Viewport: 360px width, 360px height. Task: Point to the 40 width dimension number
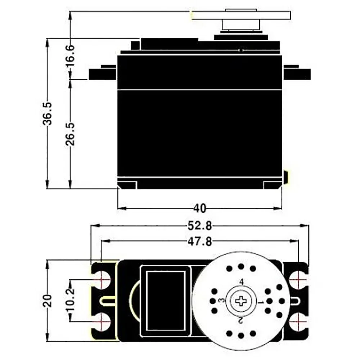[x=200, y=208]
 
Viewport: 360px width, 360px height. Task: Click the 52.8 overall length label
[x=200, y=226]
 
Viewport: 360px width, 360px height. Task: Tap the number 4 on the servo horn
[x=241, y=282]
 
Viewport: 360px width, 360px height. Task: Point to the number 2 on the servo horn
[x=241, y=319]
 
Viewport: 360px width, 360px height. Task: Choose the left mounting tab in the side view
[x=103, y=73]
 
